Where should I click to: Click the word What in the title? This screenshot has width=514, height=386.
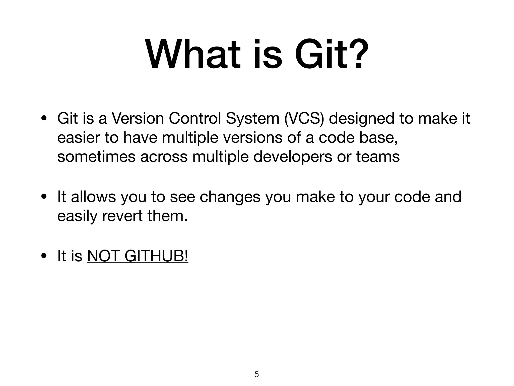pyautogui.click(x=193, y=54)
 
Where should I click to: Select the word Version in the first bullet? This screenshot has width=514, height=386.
pyautogui.click(x=138, y=118)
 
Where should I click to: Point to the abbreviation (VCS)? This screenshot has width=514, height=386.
pyautogui.click(x=304, y=118)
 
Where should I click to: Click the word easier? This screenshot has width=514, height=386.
pyautogui.click(x=78, y=138)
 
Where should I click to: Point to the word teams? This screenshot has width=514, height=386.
pyautogui.click(x=378, y=157)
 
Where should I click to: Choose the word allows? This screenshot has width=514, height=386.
pyautogui.click(x=93, y=197)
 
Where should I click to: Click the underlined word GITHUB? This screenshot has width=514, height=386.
pyautogui.click(x=156, y=256)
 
